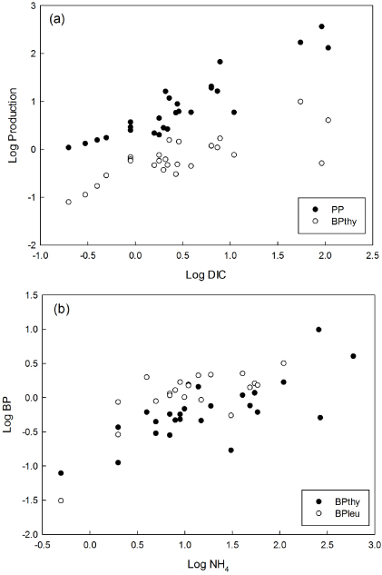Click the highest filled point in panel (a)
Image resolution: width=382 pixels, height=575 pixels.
tap(322, 26)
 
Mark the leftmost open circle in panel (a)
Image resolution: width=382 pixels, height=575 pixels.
tap(68, 202)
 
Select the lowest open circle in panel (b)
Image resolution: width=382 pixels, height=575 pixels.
tap(61, 501)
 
